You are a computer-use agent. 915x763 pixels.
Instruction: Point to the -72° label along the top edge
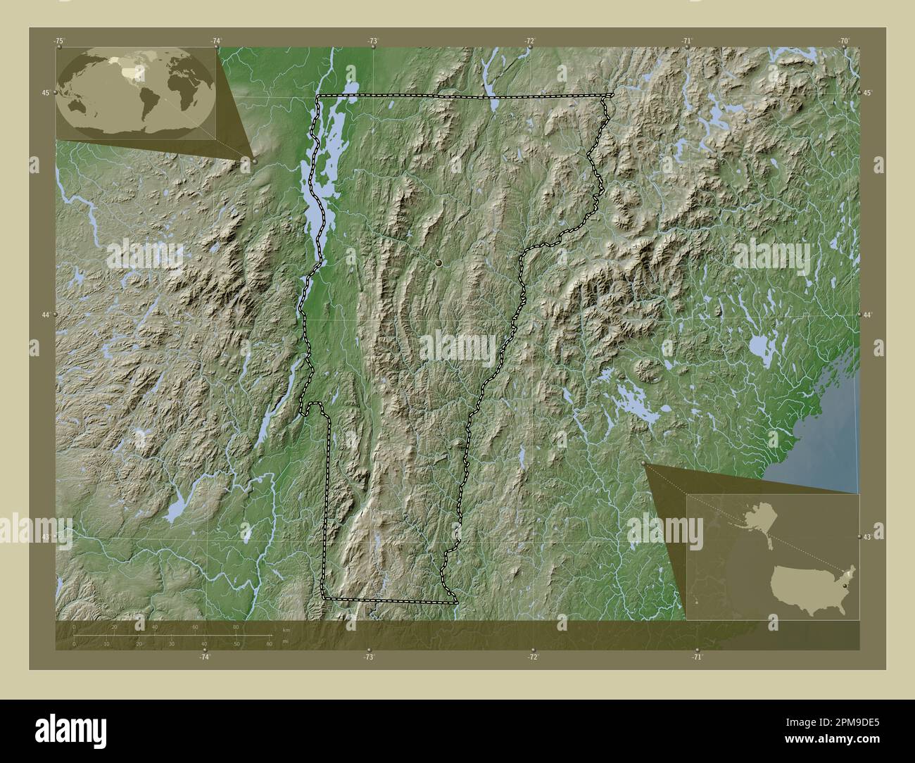[x=529, y=42]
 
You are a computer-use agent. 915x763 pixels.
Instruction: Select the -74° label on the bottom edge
[x=204, y=657]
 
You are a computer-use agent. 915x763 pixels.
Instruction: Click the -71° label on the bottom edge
[x=697, y=657]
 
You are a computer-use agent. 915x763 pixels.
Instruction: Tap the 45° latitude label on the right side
[x=868, y=93]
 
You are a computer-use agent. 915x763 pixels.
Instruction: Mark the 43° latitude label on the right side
[x=868, y=537]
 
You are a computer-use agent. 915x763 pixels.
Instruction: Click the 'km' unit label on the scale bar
[x=285, y=630]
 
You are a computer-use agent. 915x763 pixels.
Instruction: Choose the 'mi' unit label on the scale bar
[x=285, y=641]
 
